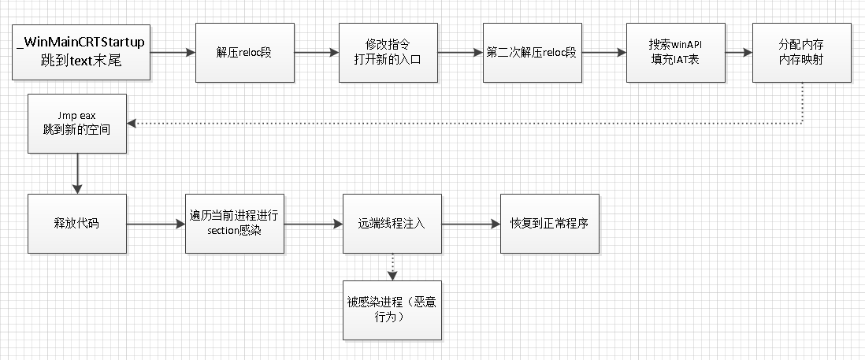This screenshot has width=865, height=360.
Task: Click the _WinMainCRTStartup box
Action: [81, 52]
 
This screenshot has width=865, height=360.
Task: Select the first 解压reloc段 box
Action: [244, 53]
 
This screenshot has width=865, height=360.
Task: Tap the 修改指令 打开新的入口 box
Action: [388, 53]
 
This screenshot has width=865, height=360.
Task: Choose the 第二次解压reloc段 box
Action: [532, 53]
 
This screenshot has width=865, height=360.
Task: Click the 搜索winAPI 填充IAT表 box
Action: [675, 53]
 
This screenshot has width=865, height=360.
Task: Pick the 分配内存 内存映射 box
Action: [801, 53]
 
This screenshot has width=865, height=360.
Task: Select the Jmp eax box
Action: [77, 124]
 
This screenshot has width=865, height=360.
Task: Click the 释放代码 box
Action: [76, 224]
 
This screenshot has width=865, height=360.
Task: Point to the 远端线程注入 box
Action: [392, 224]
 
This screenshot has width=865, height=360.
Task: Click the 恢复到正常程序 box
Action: [550, 224]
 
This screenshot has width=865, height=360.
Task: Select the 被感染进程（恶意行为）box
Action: [392, 310]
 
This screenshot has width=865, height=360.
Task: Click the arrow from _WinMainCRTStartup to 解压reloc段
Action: [173, 53]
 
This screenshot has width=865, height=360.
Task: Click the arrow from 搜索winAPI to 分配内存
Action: [738, 53]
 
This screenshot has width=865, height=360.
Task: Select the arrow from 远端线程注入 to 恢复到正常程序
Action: [470, 224]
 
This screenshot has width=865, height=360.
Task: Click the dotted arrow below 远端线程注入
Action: [392, 266]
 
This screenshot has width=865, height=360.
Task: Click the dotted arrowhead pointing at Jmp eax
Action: [132, 124]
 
